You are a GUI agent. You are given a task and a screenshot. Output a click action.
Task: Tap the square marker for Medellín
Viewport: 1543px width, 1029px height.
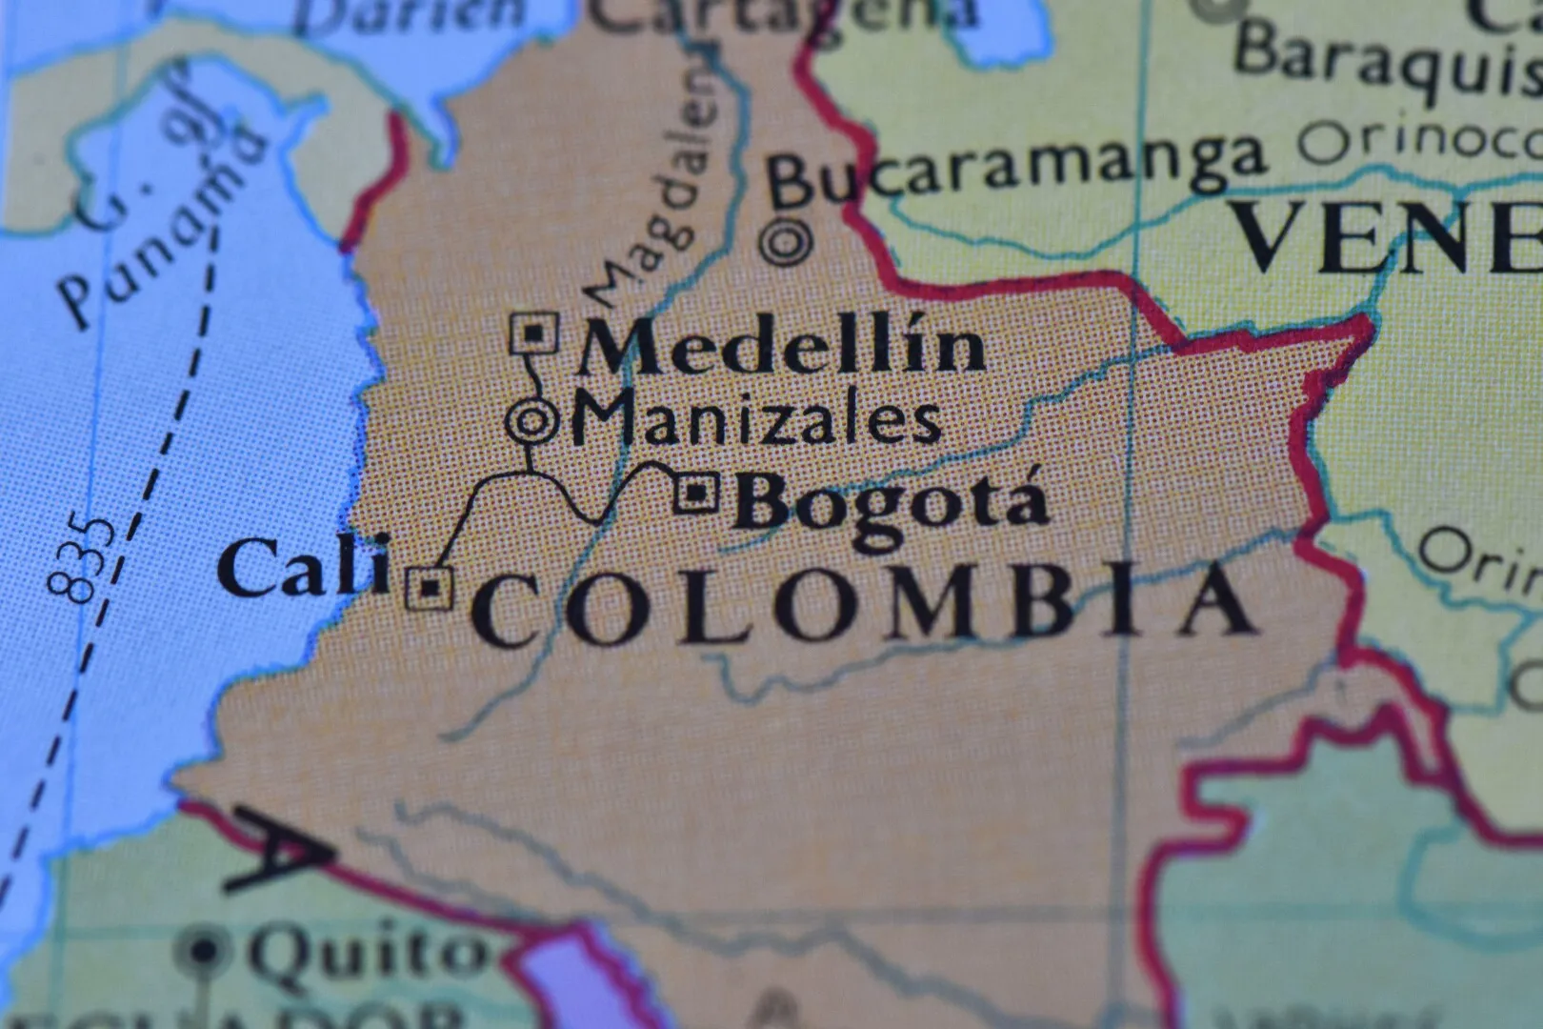click(x=534, y=333)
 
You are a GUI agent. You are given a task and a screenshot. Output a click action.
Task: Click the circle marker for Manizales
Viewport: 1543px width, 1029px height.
click(x=531, y=420)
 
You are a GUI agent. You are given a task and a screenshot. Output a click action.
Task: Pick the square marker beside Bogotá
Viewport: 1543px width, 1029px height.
click(x=696, y=493)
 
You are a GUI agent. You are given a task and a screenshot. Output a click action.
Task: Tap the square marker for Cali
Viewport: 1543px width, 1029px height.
click(x=430, y=587)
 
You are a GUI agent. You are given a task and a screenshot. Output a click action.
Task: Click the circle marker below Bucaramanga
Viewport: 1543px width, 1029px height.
click(x=787, y=242)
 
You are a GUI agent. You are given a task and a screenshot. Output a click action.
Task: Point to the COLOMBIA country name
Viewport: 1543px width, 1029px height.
click(x=862, y=606)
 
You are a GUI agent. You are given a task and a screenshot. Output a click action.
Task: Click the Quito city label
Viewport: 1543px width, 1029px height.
click(x=367, y=953)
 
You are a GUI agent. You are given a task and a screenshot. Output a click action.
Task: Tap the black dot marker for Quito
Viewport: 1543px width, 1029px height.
click(x=203, y=950)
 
